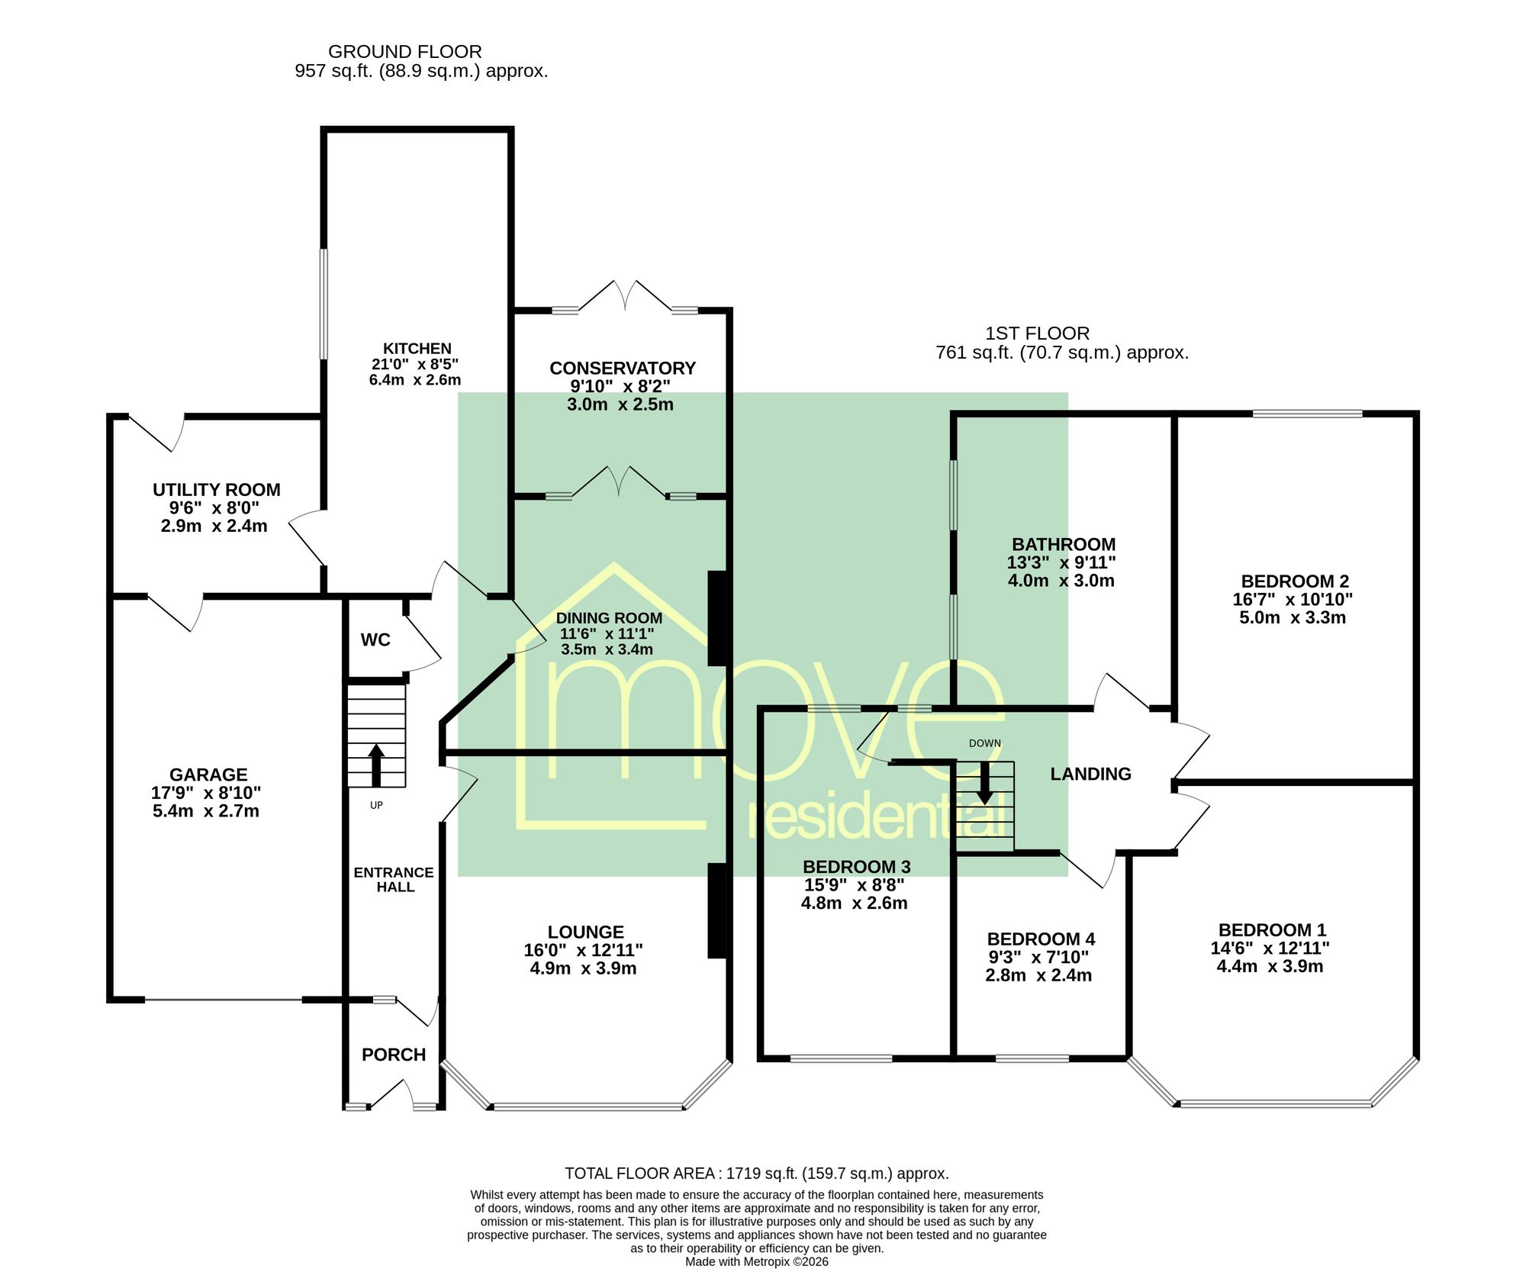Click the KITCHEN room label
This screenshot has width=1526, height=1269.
pos(417,349)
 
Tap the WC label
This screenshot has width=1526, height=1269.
pos(375,640)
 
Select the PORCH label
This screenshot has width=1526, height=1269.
pos(394,1055)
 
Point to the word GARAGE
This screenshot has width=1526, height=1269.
pos(208,775)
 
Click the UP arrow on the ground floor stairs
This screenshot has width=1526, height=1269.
pos(376,765)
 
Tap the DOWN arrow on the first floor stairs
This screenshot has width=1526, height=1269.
pos(985,783)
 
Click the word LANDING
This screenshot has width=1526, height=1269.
pos(1090,774)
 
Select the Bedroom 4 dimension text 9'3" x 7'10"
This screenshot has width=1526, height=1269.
pos(1038,957)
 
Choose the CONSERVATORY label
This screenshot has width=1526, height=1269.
pos(623,369)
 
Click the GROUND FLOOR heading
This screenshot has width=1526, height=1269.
pos(405,52)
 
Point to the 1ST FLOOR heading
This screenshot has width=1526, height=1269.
pos(1038,333)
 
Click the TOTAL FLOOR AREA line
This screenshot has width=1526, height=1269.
pos(757,1174)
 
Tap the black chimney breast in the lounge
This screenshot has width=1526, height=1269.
pos(716,910)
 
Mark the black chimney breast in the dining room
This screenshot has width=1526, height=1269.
pos(716,618)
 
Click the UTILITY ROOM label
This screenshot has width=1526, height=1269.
pos(217,490)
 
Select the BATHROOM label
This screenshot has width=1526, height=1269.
pos(1064,545)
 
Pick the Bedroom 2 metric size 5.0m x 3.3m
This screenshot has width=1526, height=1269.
pos(1293,618)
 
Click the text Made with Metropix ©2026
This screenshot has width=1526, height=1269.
pos(757,1261)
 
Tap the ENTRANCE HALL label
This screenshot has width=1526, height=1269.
pos(394,880)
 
